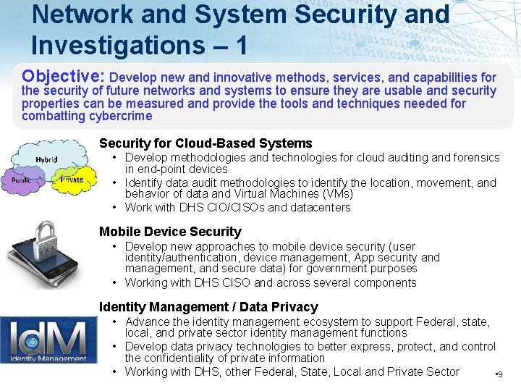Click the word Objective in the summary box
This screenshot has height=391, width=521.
64,75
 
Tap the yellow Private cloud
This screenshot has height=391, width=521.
72,179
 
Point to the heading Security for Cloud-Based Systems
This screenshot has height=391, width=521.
206,143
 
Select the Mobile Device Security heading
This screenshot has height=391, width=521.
170,232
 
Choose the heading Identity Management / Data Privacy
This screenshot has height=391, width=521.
208,307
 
